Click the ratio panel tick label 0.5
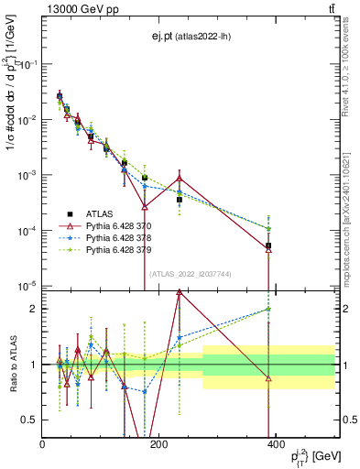tap(30, 420)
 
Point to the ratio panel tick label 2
tap(34, 309)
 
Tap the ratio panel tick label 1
tap(34, 365)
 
